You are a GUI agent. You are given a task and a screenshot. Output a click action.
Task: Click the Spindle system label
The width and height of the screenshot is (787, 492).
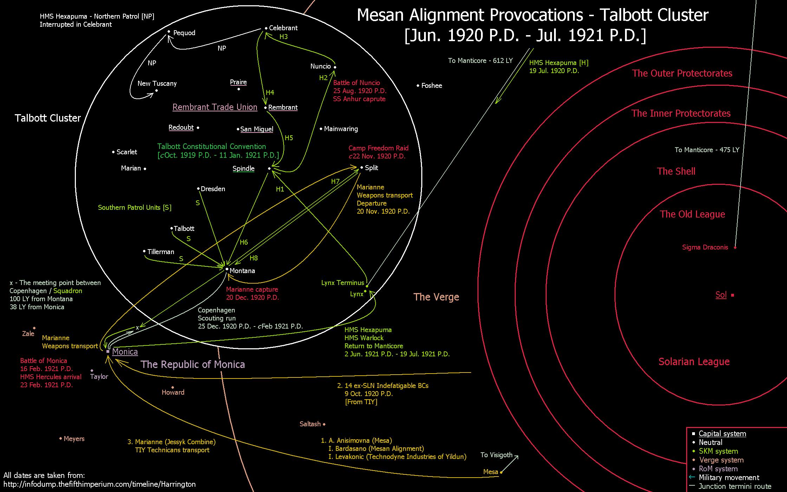[243, 169]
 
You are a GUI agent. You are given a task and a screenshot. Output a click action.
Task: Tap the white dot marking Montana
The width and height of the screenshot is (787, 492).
[227, 270]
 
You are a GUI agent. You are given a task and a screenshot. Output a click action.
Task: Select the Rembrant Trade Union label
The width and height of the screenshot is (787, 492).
[215, 107]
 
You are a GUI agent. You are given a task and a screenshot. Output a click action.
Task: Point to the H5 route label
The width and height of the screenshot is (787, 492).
[289, 138]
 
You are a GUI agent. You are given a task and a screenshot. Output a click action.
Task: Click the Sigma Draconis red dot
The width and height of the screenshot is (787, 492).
[735, 247]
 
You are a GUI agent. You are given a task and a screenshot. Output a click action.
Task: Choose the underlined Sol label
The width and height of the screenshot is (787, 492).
[721, 295]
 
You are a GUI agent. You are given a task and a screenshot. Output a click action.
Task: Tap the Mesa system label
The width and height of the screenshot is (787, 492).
[491, 472]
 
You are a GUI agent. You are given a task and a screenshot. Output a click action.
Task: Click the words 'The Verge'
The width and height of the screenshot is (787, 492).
[436, 297]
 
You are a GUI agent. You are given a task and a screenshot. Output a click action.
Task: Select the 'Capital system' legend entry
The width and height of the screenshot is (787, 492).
[722, 434]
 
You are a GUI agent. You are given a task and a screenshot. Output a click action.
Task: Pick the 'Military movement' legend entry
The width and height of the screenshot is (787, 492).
[729, 478]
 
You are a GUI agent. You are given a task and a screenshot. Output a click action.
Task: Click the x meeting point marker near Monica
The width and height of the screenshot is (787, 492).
[137, 328]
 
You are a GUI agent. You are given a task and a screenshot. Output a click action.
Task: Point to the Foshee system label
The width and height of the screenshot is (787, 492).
[432, 86]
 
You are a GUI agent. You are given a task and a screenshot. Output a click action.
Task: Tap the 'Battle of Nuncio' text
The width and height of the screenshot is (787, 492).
[357, 83]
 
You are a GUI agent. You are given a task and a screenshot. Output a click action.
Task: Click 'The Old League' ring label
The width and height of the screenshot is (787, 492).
[692, 214]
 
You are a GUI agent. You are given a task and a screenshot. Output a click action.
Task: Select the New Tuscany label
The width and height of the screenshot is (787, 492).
[157, 84]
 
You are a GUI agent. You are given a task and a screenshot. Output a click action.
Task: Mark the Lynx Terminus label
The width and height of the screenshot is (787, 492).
[343, 283]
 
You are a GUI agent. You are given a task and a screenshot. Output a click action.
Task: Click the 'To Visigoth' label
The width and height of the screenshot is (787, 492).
[496, 455]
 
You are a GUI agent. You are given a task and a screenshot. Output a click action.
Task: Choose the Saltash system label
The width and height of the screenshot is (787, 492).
[310, 424]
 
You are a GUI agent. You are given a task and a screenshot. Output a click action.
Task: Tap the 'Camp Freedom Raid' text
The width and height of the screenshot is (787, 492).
[378, 148]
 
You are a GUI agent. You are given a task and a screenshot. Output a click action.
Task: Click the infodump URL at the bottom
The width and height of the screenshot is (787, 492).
[99, 484]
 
